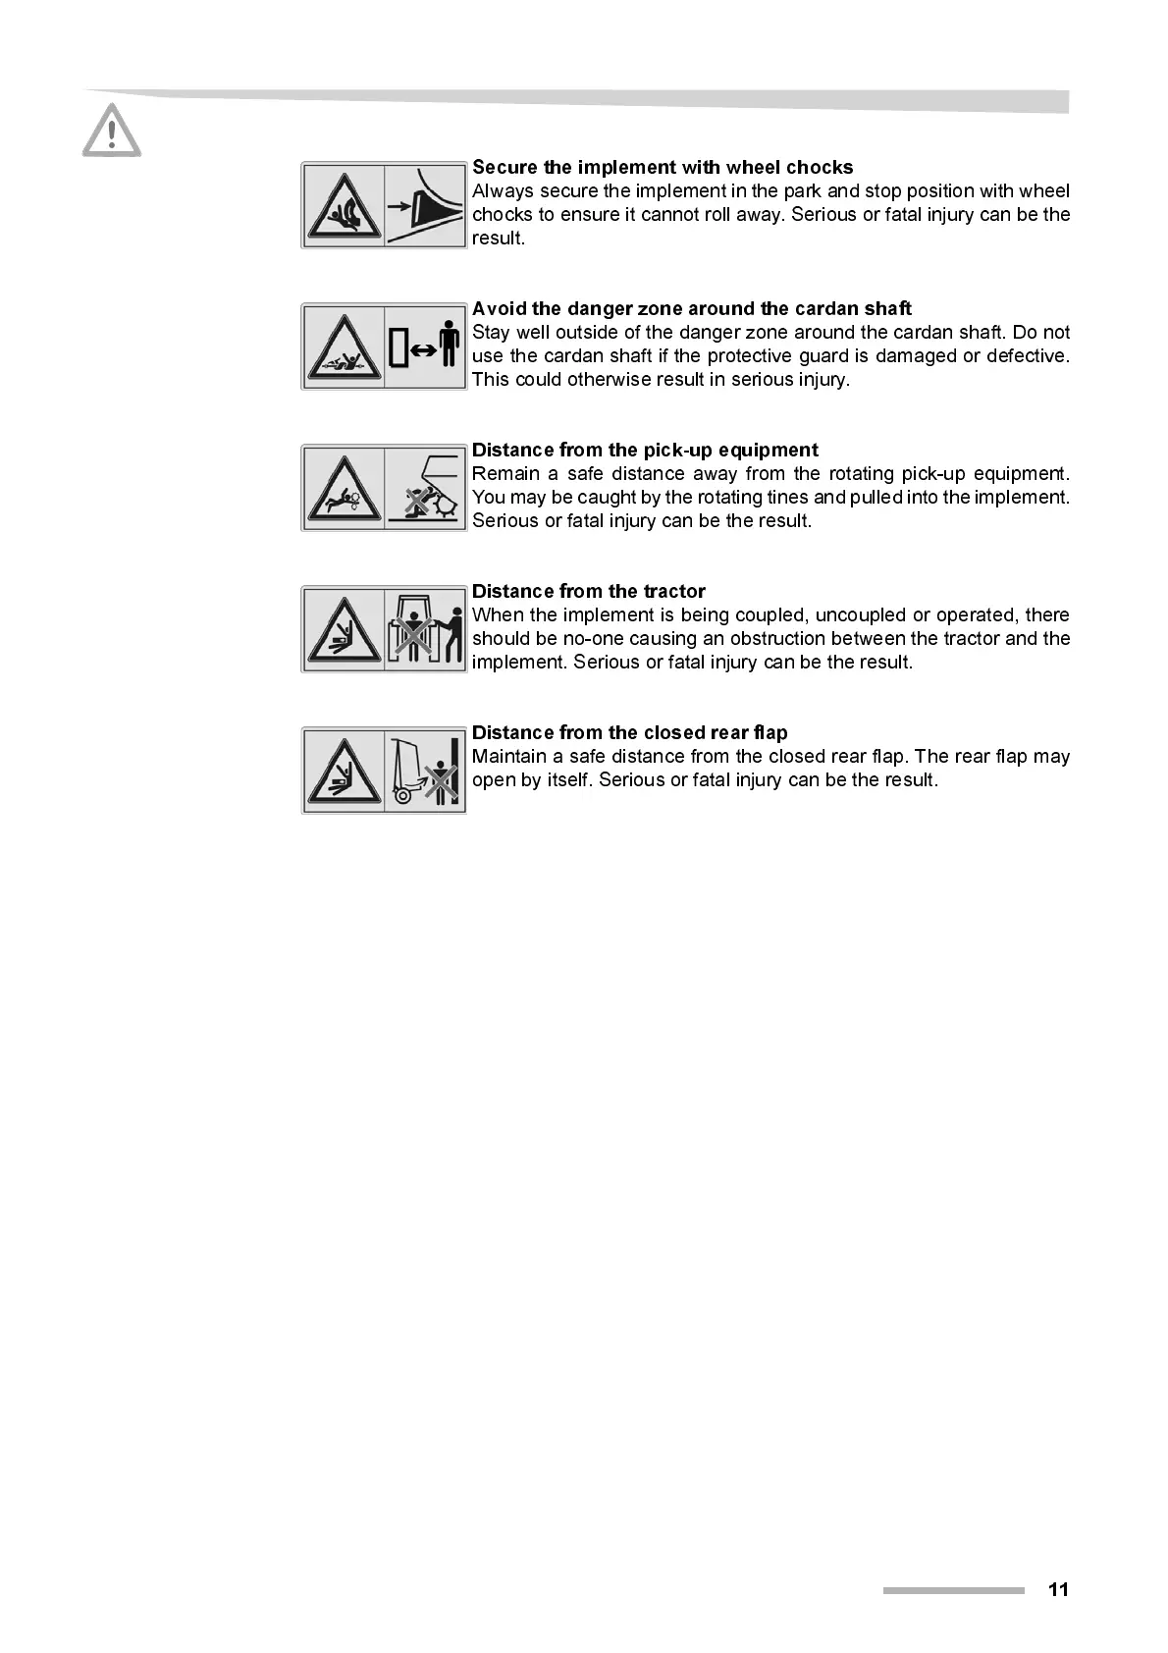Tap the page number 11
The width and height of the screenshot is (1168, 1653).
1057,1589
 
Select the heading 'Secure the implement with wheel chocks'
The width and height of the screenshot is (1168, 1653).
663,167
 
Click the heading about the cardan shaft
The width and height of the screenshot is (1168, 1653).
691,308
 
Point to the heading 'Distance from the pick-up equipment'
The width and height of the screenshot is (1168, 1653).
645,450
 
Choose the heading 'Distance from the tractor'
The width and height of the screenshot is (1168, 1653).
588,591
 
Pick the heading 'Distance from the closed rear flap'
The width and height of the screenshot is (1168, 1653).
629,732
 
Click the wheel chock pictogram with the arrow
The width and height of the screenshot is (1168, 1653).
425,205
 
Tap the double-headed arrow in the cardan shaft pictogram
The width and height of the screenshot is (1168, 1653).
423,347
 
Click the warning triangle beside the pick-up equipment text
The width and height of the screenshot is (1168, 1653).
343,488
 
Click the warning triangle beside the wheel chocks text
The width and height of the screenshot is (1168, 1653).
343,206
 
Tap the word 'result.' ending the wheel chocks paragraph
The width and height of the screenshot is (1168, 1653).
498,239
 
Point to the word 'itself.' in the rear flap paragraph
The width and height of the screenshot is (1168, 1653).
564,780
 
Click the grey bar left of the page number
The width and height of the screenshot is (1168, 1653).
952,1590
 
